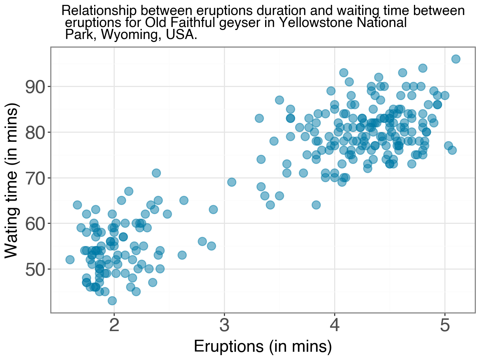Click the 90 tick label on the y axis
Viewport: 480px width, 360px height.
tap(35, 87)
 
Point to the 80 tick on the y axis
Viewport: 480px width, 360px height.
tap(35, 132)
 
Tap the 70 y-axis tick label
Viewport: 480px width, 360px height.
tap(35, 178)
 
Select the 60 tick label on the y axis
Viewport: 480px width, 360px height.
tap(35, 224)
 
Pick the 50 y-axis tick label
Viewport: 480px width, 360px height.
tap(35, 269)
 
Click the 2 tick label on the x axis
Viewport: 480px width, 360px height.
tap(114, 325)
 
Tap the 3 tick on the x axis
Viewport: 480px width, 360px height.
tap(224, 325)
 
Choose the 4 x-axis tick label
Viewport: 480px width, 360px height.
tap(334, 325)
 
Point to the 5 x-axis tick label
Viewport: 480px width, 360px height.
tap(445, 325)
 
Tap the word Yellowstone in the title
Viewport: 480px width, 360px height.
tap(316, 22)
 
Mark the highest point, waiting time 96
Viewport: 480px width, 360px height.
tap(456, 59)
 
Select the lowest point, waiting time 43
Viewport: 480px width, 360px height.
tap(112, 301)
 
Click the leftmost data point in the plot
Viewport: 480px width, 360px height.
tap(70, 259)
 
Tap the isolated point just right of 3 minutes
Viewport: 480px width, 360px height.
tap(232, 182)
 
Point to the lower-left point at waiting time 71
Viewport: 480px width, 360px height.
tap(156, 173)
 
